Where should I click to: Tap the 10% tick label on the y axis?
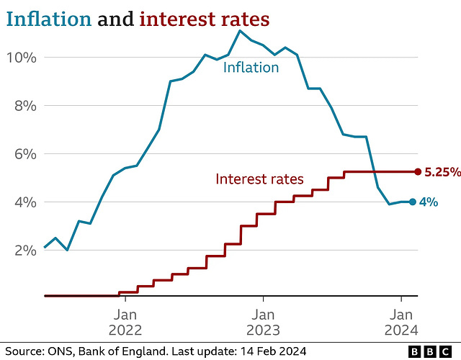[22, 57]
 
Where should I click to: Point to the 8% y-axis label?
[24, 105]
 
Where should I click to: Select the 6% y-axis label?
[24, 153]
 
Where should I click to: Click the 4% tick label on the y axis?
[24, 202]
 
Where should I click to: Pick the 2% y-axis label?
[24, 250]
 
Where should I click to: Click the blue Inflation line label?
[251, 68]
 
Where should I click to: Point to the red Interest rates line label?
[259, 179]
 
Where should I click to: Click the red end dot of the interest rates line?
[418, 171]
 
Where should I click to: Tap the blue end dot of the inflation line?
[412, 202]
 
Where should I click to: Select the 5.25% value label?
[440, 172]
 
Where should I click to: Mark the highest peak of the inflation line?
[240, 30]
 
